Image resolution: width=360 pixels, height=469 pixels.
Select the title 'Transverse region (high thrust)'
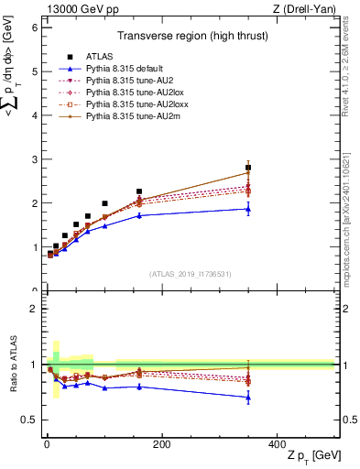tap(189, 37)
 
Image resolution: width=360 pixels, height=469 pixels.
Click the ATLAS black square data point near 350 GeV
tap(248, 168)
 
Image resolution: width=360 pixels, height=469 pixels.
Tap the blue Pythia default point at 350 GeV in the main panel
tap(248, 209)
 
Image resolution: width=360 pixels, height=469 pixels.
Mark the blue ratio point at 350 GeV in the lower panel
tap(248, 398)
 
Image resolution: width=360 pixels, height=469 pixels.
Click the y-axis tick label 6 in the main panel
tap(34, 27)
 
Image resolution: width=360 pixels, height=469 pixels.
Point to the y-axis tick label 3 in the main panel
tap(34, 159)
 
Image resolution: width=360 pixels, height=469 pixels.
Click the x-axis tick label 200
tap(161, 444)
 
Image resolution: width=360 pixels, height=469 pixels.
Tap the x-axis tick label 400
tap(277, 444)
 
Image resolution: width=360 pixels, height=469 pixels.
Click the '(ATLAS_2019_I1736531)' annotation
tap(189, 274)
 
